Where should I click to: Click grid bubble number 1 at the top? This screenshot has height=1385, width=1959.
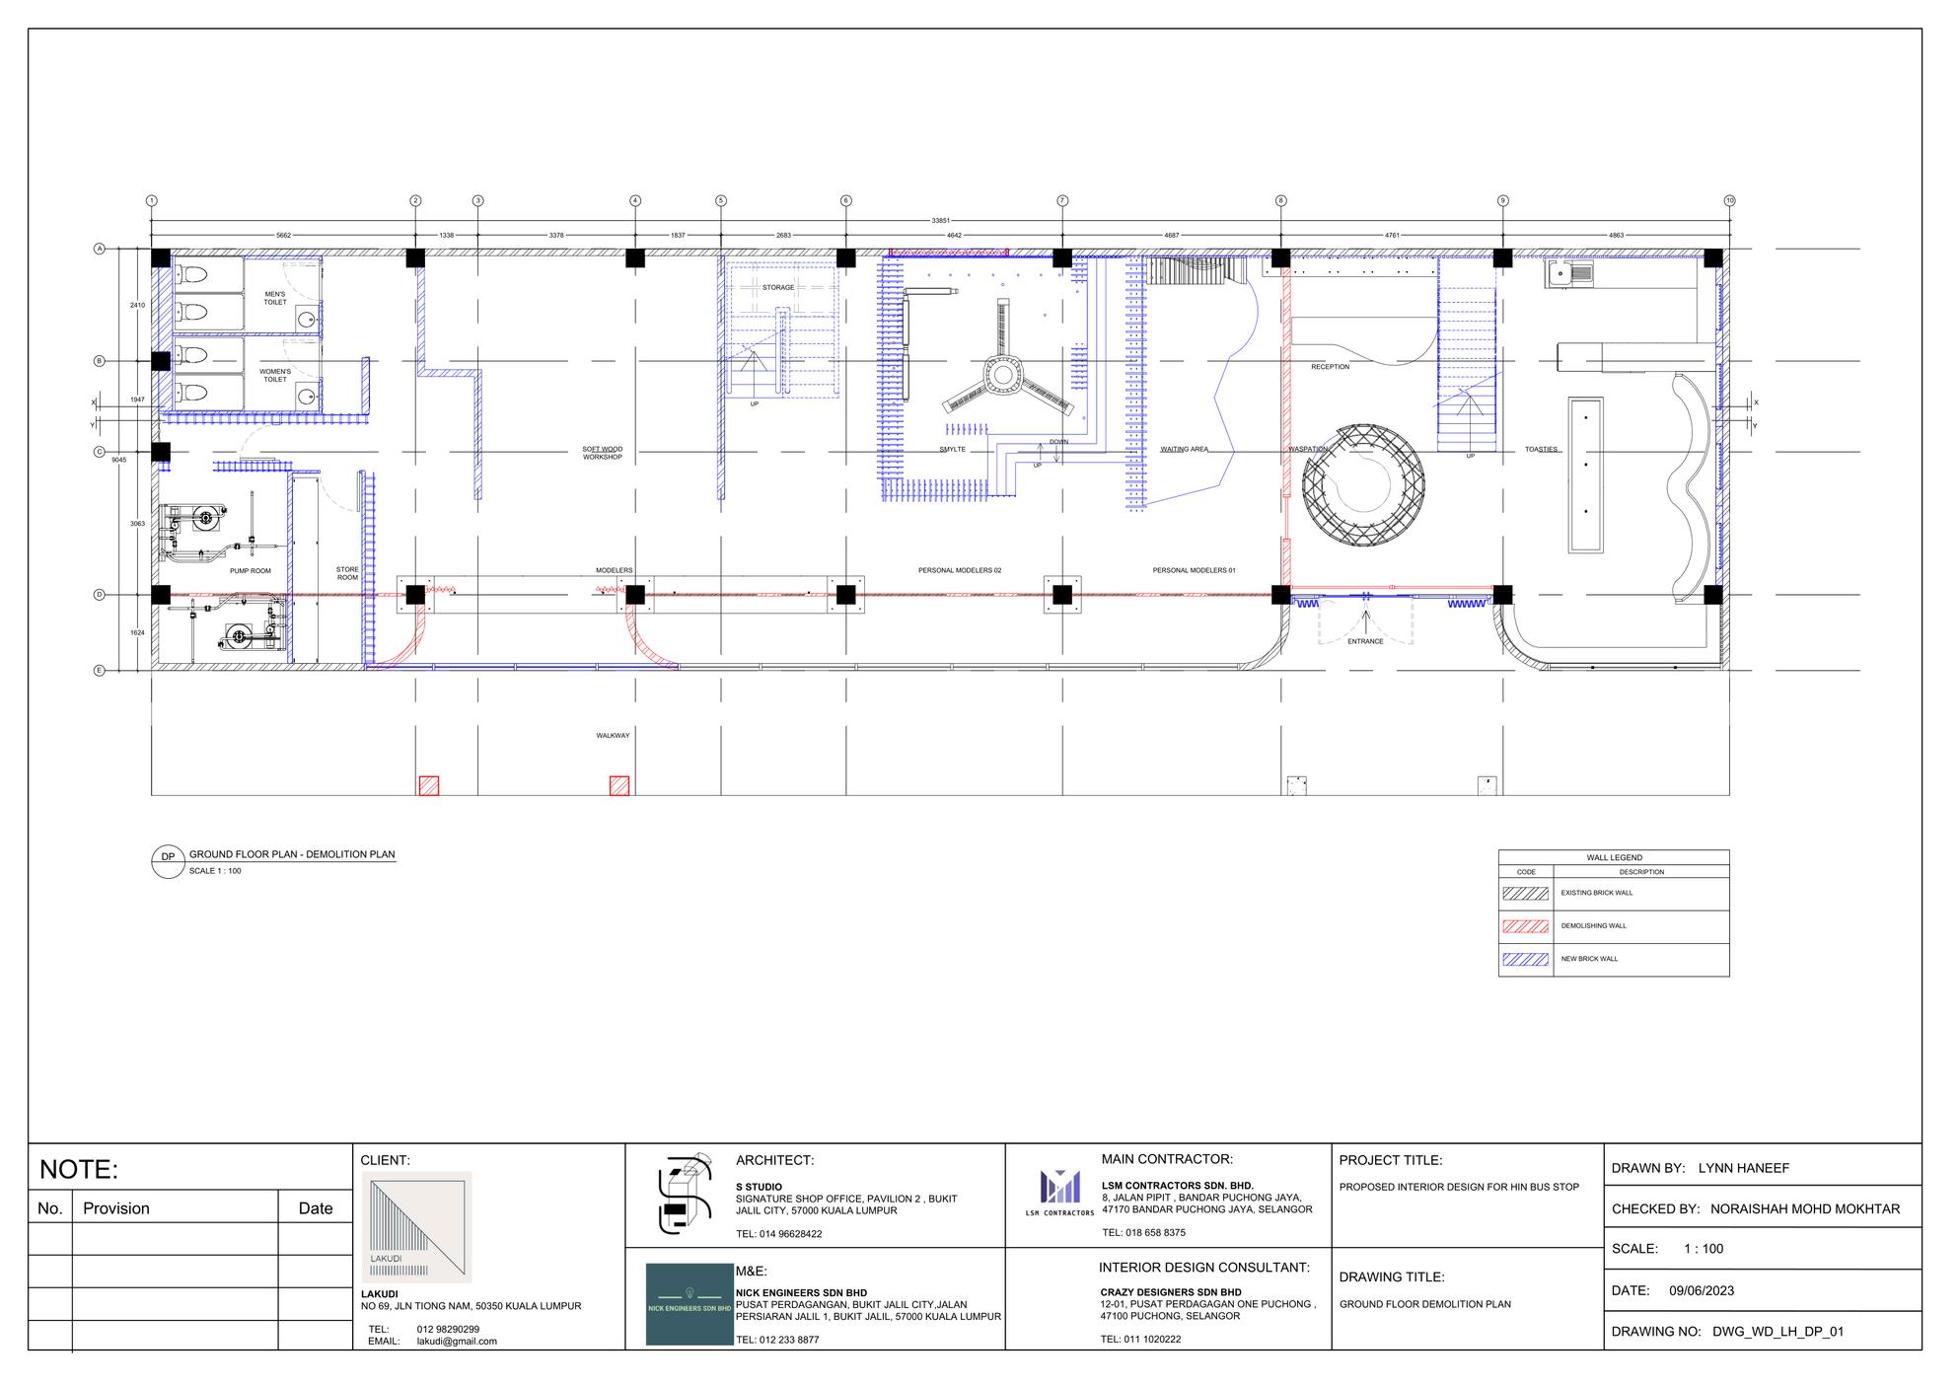151,200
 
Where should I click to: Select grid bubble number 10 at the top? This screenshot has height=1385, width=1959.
1729,200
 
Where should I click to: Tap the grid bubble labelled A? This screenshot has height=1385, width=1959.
99,249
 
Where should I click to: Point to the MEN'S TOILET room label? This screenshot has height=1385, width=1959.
275,298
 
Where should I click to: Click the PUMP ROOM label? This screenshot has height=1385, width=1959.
251,571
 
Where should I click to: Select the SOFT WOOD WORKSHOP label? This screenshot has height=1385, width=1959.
602,453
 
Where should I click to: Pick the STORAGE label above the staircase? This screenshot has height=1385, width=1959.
777,288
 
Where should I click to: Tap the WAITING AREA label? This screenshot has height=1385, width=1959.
1184,449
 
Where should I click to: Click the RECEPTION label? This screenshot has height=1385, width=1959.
1330,367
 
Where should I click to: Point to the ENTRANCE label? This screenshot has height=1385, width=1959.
1365,641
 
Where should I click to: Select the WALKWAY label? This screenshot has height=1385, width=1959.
613,735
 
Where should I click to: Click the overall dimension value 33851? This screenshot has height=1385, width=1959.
940,220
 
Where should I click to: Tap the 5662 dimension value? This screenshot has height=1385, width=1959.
283,236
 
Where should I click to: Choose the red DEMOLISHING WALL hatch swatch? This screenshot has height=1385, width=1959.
1525,926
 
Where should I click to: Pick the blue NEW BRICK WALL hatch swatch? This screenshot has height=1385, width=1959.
1525,959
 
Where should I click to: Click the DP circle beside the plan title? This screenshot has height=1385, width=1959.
168,857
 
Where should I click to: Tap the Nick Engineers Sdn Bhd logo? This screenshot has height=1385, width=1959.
689,1303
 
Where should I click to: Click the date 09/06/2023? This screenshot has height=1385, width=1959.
1702,1290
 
